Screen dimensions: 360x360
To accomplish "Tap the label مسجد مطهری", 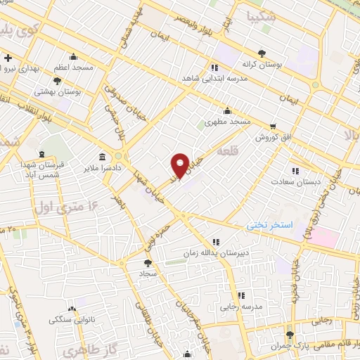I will click(228, 122).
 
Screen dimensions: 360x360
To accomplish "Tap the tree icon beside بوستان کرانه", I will click(262, 53).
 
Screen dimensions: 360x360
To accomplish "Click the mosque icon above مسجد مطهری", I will click(227, 111).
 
